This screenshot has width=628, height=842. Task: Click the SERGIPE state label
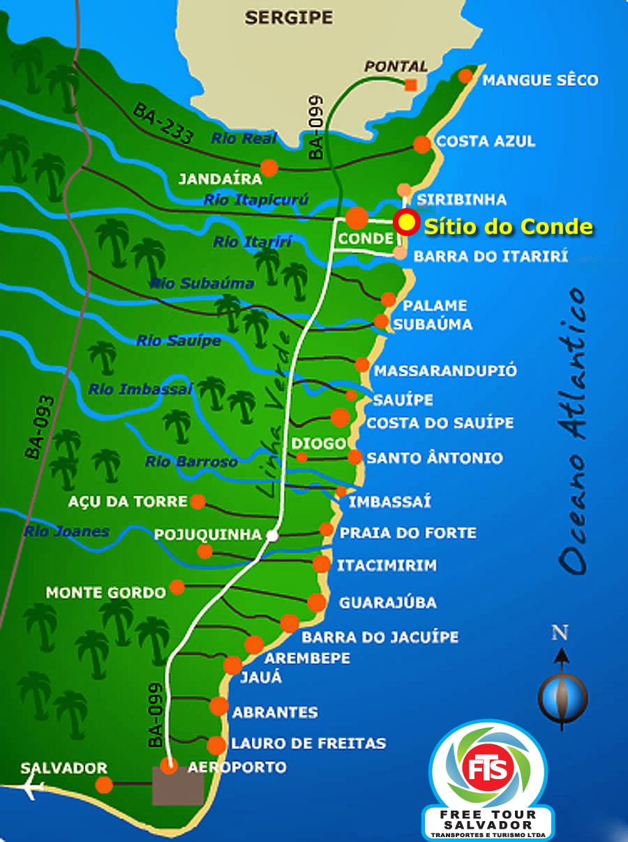click(288, 17)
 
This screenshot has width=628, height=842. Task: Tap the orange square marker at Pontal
click(411, 85)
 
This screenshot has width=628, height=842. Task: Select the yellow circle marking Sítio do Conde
click(405, 223)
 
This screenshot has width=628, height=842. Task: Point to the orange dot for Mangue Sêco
click(466, 76)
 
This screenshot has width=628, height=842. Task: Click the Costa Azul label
click(486, 141)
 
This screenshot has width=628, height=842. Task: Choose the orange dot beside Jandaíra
click(269, 168)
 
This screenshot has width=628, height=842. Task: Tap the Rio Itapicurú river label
click(256, 200)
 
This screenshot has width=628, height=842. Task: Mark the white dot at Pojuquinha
click(273, 536)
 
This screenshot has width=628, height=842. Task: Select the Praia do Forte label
click(408, 533)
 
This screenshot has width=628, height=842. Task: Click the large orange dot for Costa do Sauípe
click(340, 418)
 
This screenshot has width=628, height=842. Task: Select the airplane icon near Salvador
click(31, 788)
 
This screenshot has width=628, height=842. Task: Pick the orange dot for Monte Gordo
click(177, 587)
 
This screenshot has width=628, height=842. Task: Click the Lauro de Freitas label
click(308, 743)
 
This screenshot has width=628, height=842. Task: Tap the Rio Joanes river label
click(66, 532)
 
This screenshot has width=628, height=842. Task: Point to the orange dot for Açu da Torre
click(198, 501)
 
